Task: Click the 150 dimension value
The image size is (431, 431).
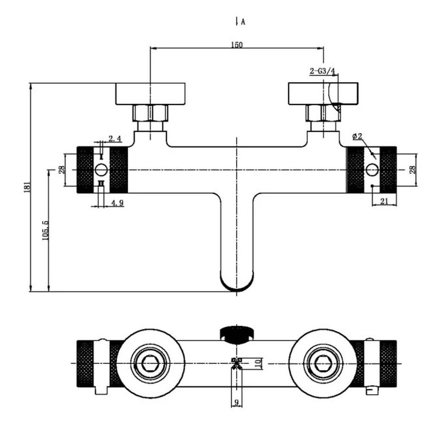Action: point(237,44)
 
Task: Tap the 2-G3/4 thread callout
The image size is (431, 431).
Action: point(322,71)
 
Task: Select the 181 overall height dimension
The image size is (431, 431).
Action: point(27,187)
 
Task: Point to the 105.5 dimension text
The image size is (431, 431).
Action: point(45,230)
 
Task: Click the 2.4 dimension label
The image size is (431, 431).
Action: point(115,138)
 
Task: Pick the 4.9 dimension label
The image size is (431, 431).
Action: point(117,203)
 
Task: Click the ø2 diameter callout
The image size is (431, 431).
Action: point(357,136)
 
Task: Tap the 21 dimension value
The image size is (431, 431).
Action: point(384,201)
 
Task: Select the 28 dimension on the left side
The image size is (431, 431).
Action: point(62,169)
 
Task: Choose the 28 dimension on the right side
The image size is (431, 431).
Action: point(413,169)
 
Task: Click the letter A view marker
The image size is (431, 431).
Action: point(243,22)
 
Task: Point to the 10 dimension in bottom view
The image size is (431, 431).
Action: point(257,363)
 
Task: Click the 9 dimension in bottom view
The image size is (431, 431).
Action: point(236,403)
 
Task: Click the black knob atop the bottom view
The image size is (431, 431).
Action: point(237,334)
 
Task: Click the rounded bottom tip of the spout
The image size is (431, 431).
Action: point(237,290)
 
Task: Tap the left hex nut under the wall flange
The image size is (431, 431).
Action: point(150,113)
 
